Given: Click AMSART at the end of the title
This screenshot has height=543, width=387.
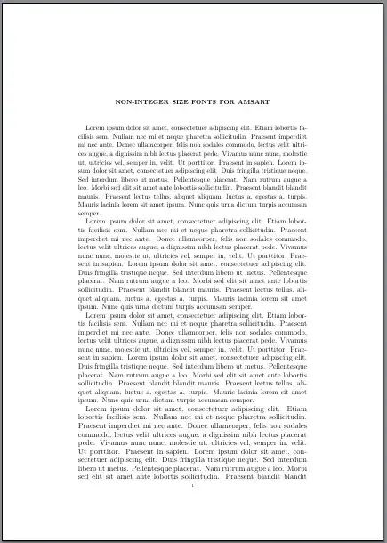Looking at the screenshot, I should point(257,102).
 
